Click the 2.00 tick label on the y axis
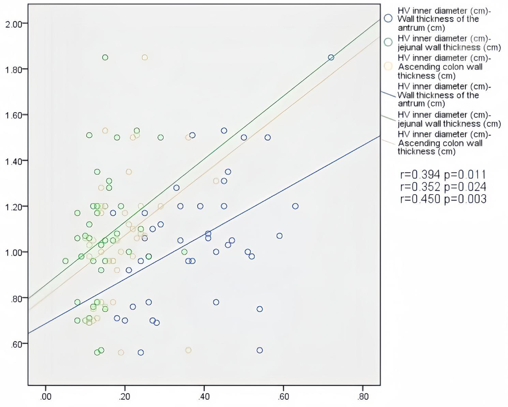[13, 24]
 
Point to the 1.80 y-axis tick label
[13, 69]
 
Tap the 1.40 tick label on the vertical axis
[13, 161]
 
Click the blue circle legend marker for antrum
[388, 18]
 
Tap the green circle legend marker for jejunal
[388, 42]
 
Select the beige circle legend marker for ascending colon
[388, 66]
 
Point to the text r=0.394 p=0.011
[444, 175]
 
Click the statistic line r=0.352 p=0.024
[444, 187]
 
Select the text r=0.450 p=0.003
[444, 199]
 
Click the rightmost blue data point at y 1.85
[331, 57]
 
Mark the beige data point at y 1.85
[144, 57]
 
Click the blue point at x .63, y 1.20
[295, 206]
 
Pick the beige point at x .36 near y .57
[188, 350]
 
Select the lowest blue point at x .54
[260, 350]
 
